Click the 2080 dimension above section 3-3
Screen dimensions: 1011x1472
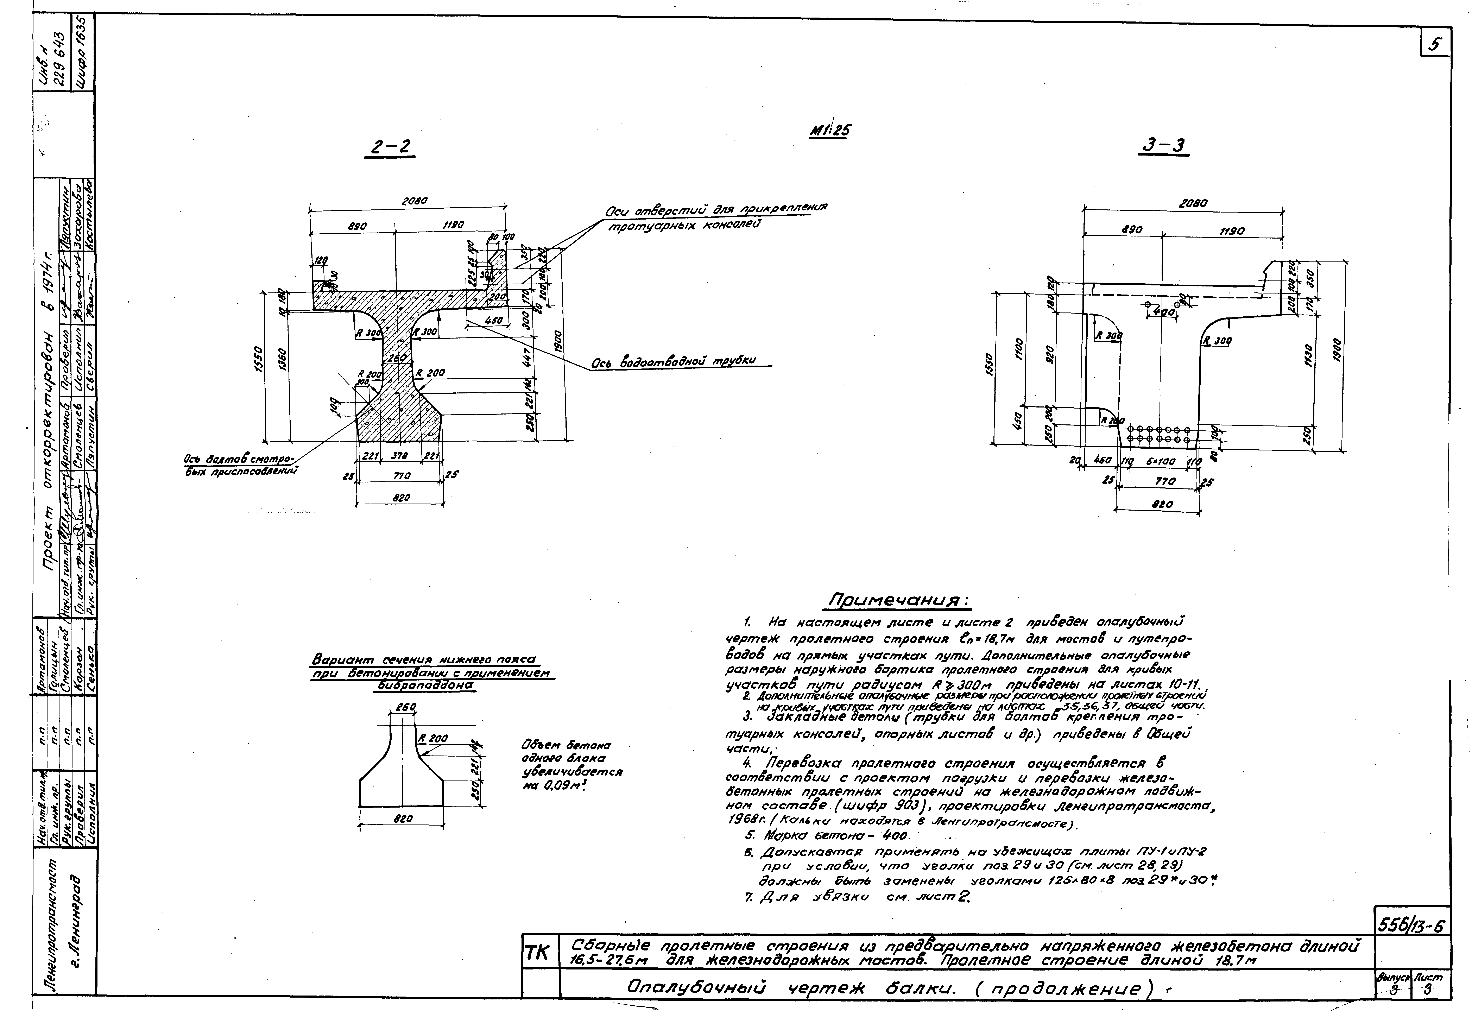pos(1193,204)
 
